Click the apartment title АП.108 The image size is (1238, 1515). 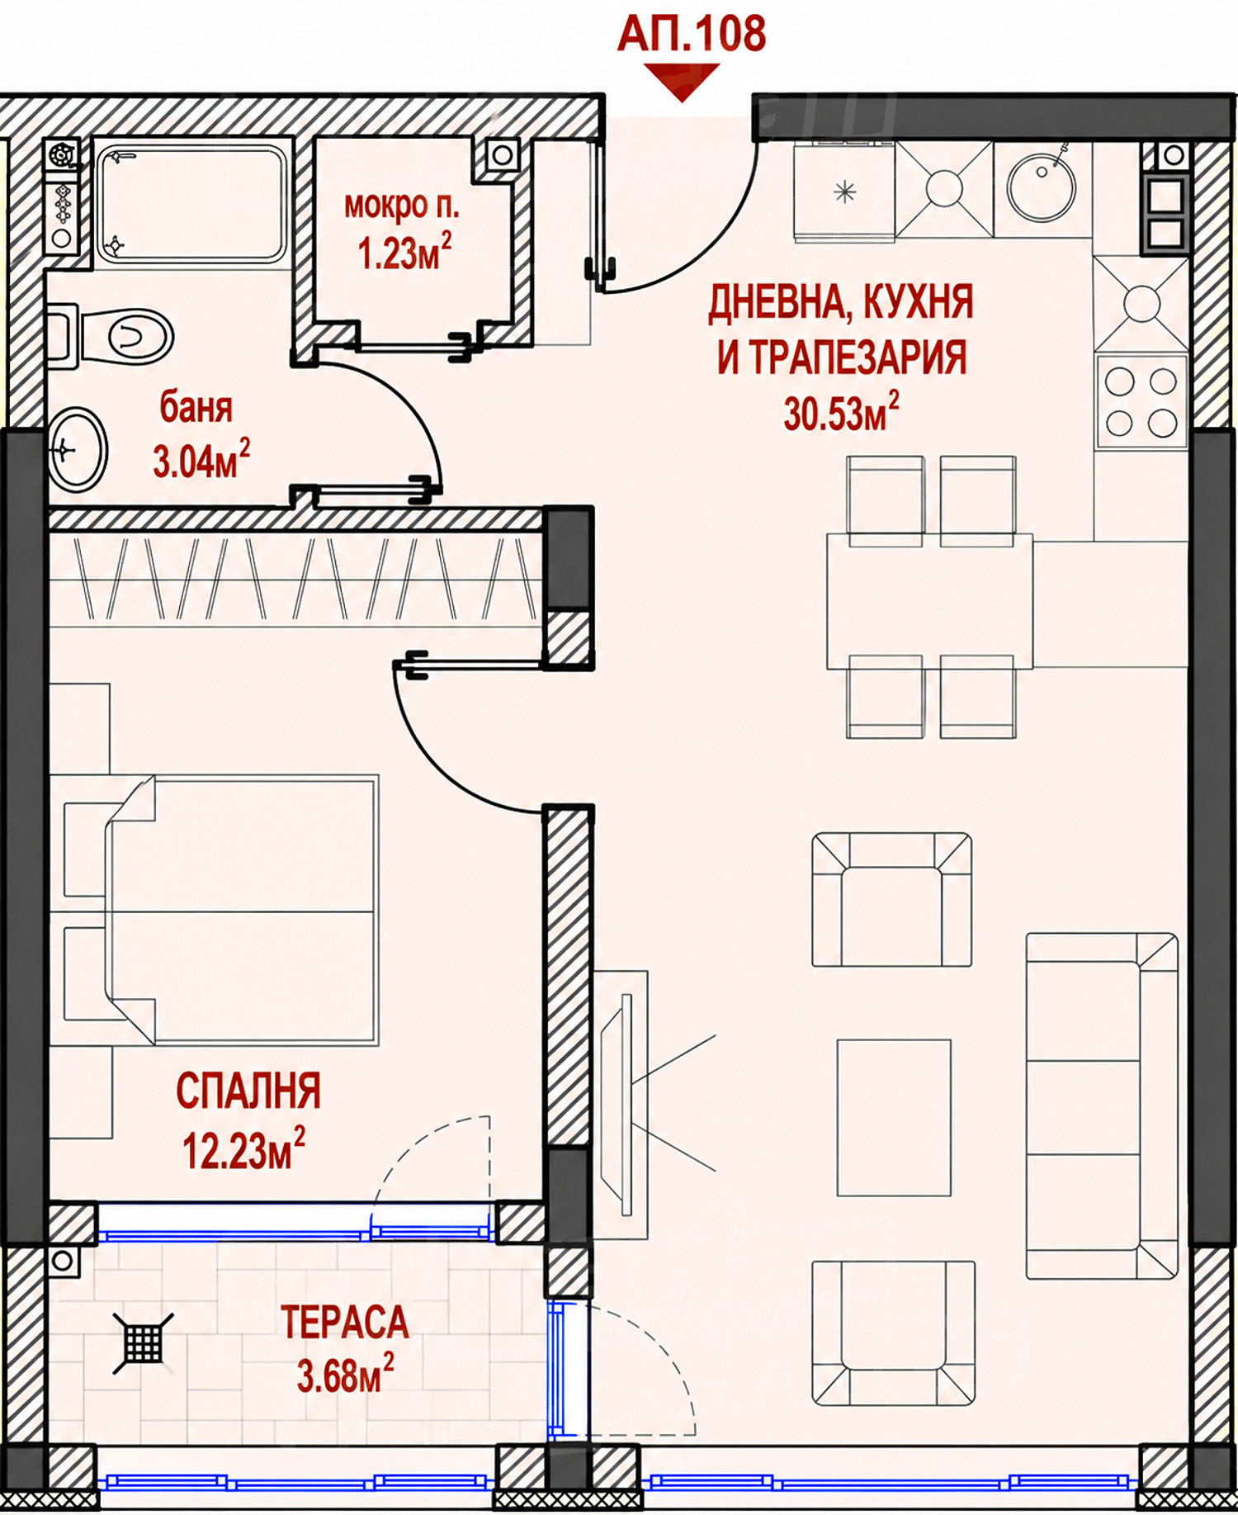point(692,34)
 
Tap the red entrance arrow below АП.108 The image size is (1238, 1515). point(682,83)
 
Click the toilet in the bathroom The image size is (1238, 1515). point(110,336)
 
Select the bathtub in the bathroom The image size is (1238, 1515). point(191,204)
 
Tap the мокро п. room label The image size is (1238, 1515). point(402,206)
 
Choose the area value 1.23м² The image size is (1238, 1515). point(404,252)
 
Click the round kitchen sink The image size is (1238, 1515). point(1042,187)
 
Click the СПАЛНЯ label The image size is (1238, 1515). point(248,1091)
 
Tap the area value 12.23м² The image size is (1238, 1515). point(243,1149)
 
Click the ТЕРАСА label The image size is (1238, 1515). point(345,1323)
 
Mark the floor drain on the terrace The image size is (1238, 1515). point(144,1344)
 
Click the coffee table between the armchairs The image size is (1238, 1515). point(894,1117)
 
